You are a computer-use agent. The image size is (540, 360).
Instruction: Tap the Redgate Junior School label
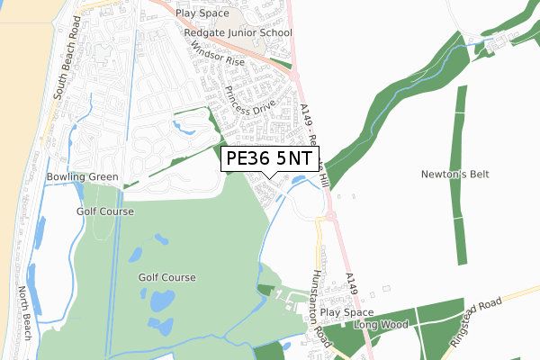[x=238, y=33]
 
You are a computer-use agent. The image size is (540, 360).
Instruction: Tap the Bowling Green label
[x=83, y=177]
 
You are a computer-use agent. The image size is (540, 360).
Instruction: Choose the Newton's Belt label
[x=454, y=175]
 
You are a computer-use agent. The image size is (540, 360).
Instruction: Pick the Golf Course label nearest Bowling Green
[x=104, y=211]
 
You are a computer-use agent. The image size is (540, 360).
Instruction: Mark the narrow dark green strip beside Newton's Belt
[x=461, y=175]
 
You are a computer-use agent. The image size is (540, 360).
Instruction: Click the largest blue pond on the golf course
[x=162, y=301]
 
